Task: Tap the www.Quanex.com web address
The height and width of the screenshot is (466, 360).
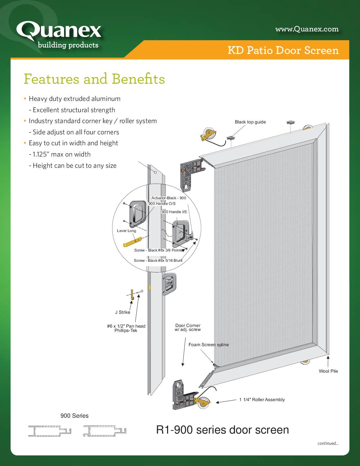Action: (x=307, y=29)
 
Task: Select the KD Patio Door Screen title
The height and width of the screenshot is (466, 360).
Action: (x=283, y=50)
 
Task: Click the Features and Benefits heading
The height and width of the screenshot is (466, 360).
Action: (x=94, y=79)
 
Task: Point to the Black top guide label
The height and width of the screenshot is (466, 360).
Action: (x=250, y=122)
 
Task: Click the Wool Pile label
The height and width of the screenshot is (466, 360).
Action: (x=328, y=371)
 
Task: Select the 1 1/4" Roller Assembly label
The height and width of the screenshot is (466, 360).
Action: (x=262, y=399)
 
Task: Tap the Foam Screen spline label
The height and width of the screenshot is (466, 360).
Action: (x=208, y=345)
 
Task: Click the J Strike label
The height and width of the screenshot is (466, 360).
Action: (x=122, y=312)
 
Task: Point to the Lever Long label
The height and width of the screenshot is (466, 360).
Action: (x=126, y=231)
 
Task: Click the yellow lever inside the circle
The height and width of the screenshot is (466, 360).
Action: (x=133, y=242)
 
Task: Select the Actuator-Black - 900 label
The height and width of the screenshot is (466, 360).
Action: (x=169, y=198)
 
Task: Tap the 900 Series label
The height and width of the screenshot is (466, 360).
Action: (x=74, y=416)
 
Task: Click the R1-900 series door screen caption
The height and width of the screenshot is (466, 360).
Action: (x=222, y=430)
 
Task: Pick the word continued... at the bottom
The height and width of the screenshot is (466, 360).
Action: (x=328, y=443)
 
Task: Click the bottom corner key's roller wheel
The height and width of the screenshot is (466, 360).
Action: (x=203, y=403)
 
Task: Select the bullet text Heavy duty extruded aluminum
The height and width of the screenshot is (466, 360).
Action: (x=74, y=99)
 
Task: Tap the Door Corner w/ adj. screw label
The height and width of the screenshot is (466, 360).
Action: (x=188, y=327)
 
